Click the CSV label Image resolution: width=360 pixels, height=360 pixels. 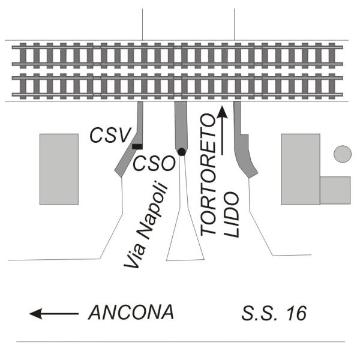(110, 135)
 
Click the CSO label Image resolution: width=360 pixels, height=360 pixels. (154, 163)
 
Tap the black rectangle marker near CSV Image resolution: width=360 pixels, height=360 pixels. (137, 146)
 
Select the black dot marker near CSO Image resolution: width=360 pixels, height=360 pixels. (182, 152)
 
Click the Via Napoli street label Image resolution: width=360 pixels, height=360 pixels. (146, 225)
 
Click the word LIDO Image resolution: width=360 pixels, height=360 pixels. (232, 215)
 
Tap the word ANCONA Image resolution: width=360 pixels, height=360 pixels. (131, 312)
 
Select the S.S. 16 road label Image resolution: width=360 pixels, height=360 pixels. (274, 313)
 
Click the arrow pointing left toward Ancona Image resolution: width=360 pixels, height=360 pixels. (54, 314)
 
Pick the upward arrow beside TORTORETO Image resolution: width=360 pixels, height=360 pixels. (222, 130)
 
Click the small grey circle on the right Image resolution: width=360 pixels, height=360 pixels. (343, 154)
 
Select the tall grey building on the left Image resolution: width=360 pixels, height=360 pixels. (59, 169)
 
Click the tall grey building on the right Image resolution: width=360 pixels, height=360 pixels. (301, 169)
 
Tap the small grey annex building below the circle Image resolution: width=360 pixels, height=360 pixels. (335, 190)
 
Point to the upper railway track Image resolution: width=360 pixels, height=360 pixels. (178, 56)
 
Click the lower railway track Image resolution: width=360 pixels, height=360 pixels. (178, 86)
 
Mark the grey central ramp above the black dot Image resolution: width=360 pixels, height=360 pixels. (181, 125)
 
